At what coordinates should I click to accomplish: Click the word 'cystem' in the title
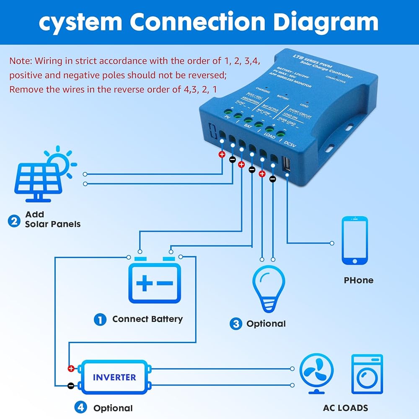(x=80, y=21)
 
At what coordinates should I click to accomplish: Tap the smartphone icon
(x=354, y=241)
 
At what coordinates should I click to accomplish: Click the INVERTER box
(x=114, y=377)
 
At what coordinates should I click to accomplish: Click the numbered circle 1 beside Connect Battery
(x=100, y=320)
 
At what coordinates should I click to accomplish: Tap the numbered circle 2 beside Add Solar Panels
(x=14, y=220)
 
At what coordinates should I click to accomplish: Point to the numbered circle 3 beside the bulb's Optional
(x=236, y=323)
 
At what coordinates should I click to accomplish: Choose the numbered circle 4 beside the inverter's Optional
(x=81, y=407)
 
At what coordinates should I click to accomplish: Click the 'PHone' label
(x=358, y=280)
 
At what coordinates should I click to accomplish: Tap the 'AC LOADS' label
(x=345, y=408)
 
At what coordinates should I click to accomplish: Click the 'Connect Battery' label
(x=147, y=319)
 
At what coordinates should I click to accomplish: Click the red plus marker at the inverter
(x=71, y=369)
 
